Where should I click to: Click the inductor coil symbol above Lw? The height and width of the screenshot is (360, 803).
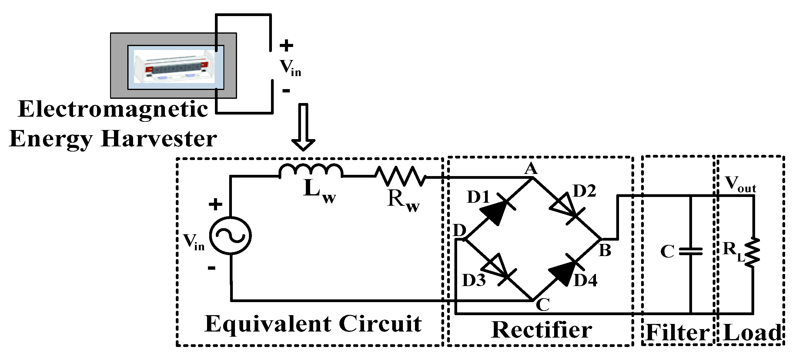(x=311, y=171)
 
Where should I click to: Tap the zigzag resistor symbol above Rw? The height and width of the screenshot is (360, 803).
(x=400, y=176)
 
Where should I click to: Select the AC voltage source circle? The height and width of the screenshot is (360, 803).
(x=230, y=236)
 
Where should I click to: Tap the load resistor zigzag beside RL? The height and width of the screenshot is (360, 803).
(x=752, y=252)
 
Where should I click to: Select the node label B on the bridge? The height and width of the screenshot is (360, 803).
(x=605, y=250)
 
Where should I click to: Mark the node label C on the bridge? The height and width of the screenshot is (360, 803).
(x=543, y=305)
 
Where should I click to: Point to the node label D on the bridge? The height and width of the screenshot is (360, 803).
(x=460, y=231)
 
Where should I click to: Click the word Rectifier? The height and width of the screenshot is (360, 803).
(x=541, y=330)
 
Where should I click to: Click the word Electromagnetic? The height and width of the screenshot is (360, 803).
(x=113, y=109)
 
